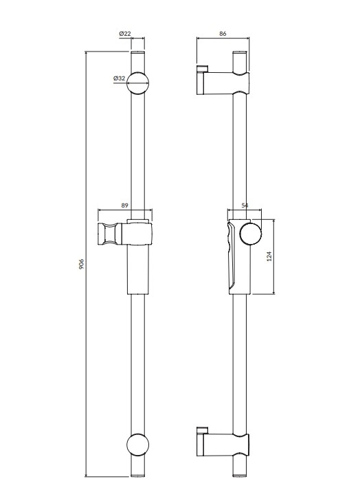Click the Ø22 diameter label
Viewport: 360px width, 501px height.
[125, 33]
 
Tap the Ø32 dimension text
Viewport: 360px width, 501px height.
[119, 78]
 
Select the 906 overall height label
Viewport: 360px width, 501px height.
[81, 264]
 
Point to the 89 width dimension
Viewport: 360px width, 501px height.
[125, 205]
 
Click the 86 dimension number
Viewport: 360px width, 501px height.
[223, 33]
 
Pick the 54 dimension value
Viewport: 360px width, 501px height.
[245, 205]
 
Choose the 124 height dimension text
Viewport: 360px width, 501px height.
[269, 256]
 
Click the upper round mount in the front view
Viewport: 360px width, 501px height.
[138, 82]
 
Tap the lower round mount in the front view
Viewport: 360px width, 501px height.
[138, 445]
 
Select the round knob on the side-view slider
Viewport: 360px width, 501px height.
[251, 234]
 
